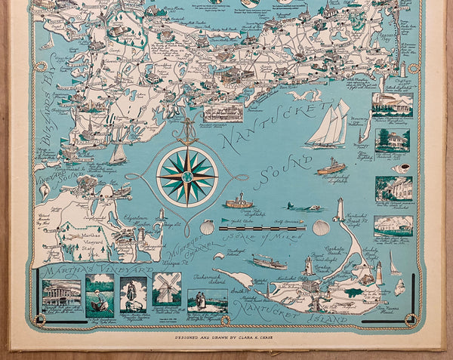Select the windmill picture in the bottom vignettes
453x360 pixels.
point(167,289)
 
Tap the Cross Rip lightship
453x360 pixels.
point(239,202)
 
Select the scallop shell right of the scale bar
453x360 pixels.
point(321,227)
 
